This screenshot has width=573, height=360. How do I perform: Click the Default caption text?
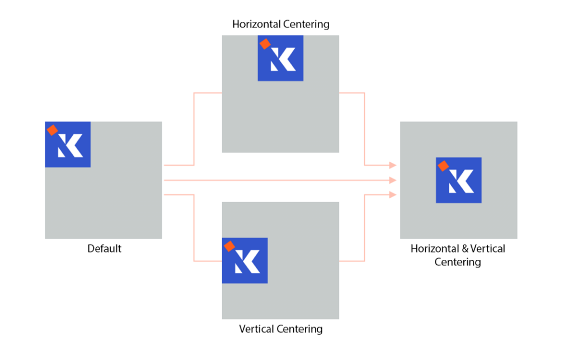click(x=104, y=249)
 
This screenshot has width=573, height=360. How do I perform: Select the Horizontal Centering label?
click(x=280, y=24)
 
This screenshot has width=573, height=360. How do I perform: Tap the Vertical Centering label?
click(x=280, y=329)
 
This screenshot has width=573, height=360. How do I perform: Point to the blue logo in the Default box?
click(x=68, y=144)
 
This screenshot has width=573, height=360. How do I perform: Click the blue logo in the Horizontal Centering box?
click(x=280, y=58)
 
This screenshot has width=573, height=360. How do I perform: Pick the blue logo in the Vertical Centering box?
click(x=245, y=260)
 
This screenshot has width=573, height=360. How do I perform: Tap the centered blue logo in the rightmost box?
click(x=458, y=180)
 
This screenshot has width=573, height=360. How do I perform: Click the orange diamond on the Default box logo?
click(x=52, y=130)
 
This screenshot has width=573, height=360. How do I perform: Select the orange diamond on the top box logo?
click(x=265, y=44)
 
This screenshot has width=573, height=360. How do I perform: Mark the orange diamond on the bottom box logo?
click(x=229, y=246)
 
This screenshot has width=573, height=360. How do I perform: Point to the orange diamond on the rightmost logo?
click(x=443, y=166)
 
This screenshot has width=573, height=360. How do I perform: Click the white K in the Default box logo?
click(x=72, y=147)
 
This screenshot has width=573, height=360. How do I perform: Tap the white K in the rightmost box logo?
click(x=463, y=182)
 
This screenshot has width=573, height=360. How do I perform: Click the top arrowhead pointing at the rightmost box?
click(x=393, y=165)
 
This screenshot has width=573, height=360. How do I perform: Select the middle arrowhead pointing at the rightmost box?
click(x=393, y=180)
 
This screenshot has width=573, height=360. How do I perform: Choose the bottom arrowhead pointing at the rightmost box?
click(x=393, y=195)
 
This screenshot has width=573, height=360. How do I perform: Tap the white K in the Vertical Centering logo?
click(x=249, y=263)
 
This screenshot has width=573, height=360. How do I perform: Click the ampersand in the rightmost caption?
click(x=464, y=249)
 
